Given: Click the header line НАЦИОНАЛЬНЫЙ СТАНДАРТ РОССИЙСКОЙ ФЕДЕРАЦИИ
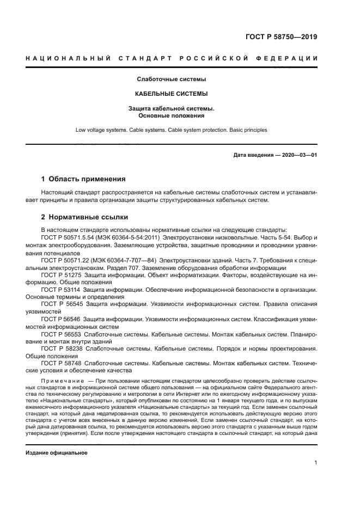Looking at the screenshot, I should click(x=172, y=58).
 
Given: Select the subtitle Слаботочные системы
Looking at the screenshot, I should click(x=172, y=79).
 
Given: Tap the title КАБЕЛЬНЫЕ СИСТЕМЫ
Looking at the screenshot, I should click(x=172, y=94).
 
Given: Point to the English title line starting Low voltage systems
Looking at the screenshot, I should click(x=172, y=130).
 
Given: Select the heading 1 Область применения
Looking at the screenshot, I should click(x=84, y=179).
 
